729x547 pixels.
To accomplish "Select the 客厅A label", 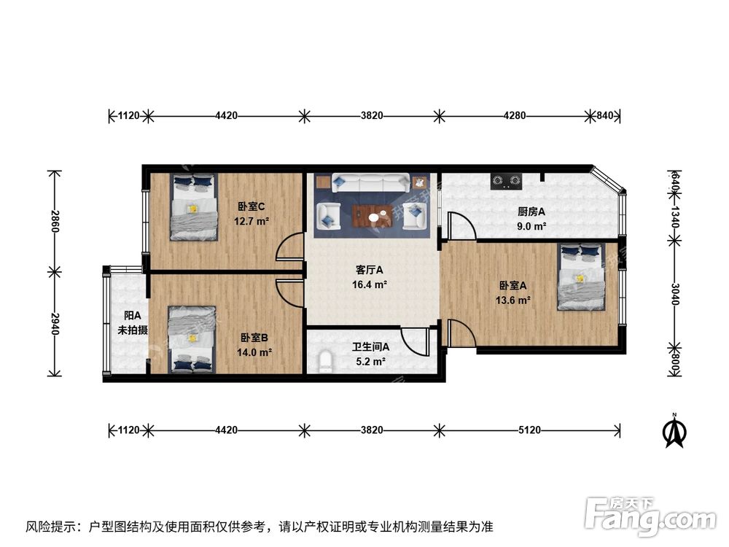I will [370, 271].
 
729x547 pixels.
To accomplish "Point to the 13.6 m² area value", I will [514, 299].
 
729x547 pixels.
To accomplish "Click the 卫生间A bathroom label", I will [370, 347].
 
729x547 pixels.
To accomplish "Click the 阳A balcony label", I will [132, 316].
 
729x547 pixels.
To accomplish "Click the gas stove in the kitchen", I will [507, 179].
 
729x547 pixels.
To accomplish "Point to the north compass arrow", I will [675, 432].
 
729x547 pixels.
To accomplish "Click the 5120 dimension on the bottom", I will [529, 430].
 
